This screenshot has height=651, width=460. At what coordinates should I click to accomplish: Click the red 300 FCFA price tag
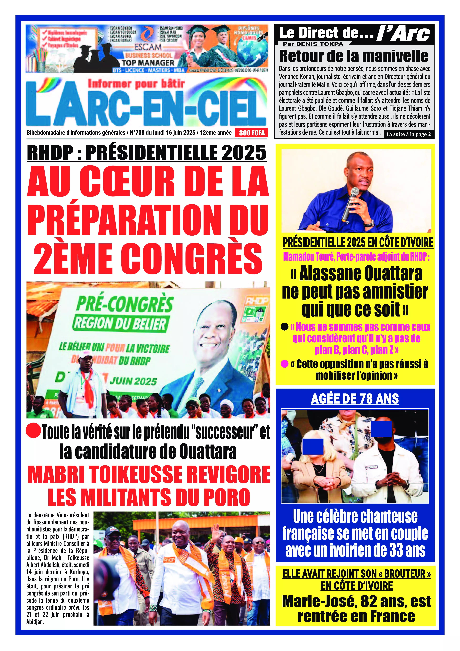pyautogui.click(x=252, y=133)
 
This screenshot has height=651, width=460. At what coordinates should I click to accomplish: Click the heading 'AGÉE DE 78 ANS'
pyautogui.click(x=355, y=399)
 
